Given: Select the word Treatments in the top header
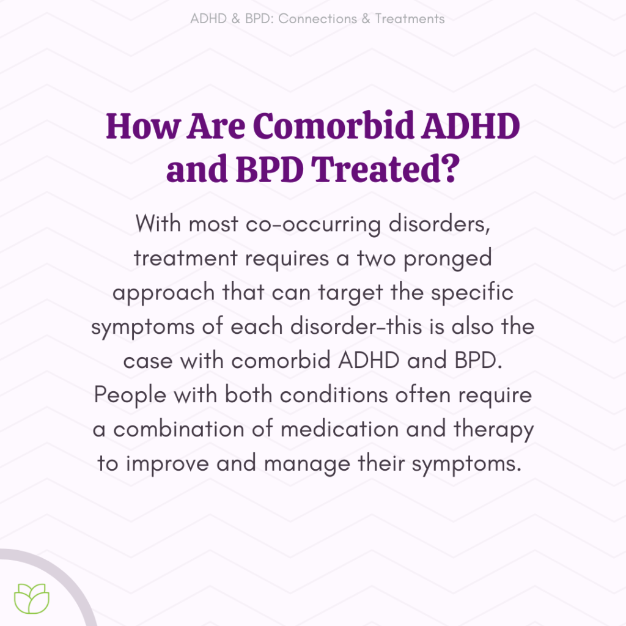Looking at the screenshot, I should pyautogui.click(x=410, y=19).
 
